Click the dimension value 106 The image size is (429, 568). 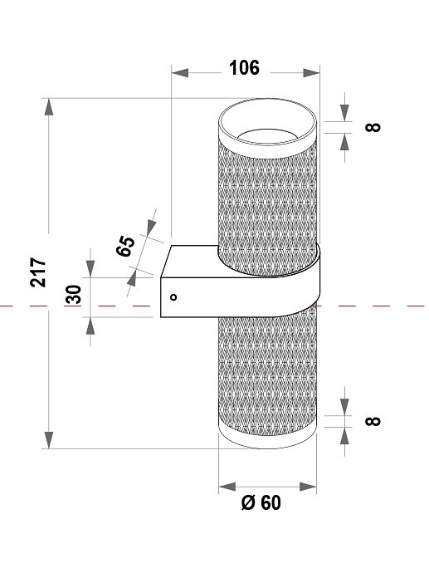244,69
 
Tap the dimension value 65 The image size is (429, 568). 127,247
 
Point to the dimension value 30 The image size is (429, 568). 73,294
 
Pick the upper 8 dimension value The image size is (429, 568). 373,127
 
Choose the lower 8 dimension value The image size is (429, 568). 373,420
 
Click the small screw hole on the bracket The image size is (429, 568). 173,296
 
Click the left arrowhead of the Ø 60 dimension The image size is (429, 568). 224,487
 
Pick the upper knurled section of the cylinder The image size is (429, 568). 268,195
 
